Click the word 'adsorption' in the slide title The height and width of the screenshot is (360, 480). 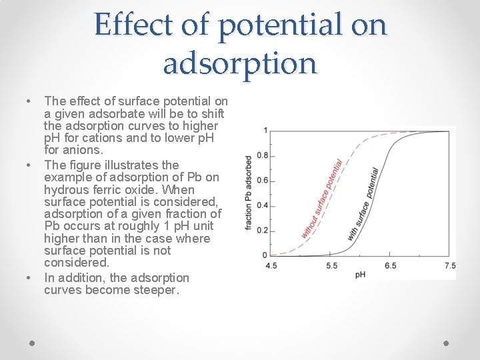[240, 64]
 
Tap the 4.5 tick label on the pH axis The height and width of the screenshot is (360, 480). [272, 265]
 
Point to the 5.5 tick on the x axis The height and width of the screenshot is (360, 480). [331, 265]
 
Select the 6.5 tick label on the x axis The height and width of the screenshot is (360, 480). [391, 265]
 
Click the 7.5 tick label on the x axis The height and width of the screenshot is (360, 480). [450, 265]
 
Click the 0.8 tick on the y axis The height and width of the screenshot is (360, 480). [263, 155]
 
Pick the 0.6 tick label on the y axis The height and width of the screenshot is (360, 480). [263, 181]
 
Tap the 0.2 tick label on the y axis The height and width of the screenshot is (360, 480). [263, 231]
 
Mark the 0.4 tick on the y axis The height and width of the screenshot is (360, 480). [263, 205]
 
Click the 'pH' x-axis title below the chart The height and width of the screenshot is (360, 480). [360, 274]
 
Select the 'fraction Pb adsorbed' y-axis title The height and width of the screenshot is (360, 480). [249, 193]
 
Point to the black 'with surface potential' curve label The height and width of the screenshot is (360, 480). [363, 204]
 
